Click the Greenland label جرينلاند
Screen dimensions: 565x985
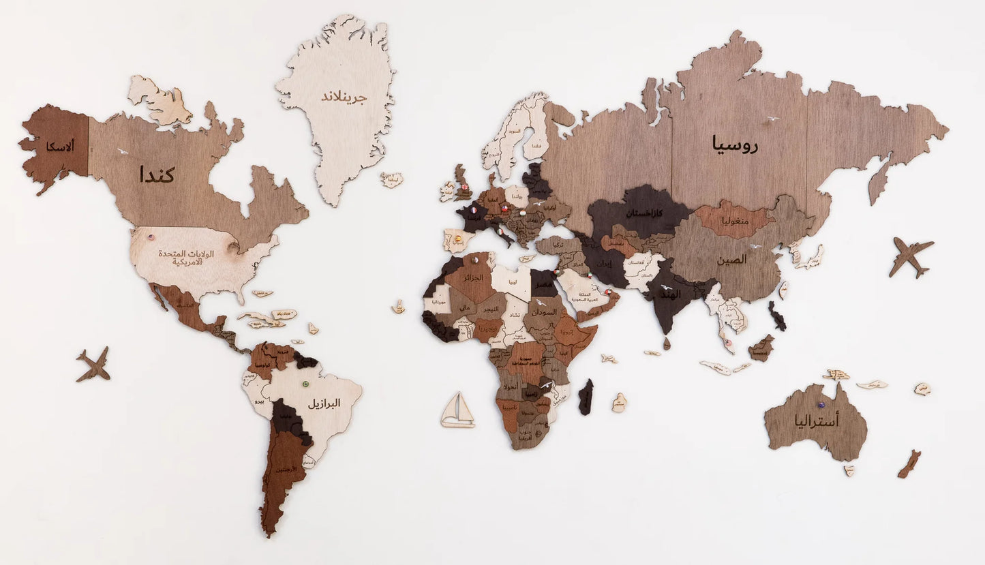[x=344, y=97]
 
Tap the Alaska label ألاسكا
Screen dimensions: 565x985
[x=60, y=145]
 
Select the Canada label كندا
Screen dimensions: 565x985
[x=157, y=174]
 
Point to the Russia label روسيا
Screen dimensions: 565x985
[x=736, y=144]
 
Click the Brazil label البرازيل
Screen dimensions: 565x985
[x=323, y=403]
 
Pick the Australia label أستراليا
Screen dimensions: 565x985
[x=816, y=421]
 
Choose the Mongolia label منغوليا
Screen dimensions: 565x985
[x=733, y=222]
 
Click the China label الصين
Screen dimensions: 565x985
[x=730, y=260]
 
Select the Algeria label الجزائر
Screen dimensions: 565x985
[x=473, y=278]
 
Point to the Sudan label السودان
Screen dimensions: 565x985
[x=545, y=311]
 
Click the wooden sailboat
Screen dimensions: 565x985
[x=457, y=410]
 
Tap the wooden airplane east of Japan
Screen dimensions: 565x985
[x=911, y=256]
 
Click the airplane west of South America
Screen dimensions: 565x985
[x=93, y=365]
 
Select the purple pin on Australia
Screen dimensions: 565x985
[x=821, y=406]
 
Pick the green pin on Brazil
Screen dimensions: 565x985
[x=305, y=384]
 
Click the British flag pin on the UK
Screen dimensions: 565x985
[x=466, y=187]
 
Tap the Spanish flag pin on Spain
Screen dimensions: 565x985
[x=458, y=239]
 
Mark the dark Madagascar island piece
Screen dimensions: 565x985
[x=586, y=397]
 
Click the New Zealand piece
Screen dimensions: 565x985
[x=909, y=464]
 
